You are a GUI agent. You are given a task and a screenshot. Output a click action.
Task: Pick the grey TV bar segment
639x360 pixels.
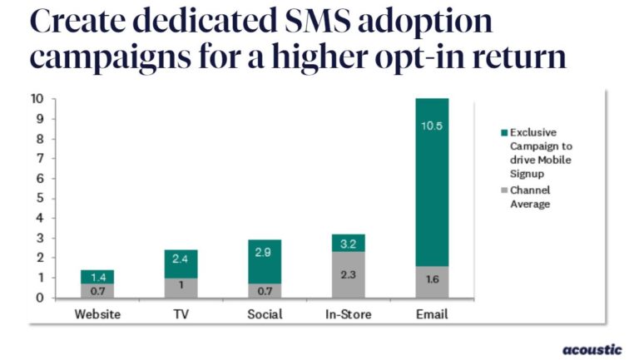click(x=181, y=288)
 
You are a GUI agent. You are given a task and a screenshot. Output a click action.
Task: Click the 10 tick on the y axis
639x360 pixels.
click(x=38, y=98)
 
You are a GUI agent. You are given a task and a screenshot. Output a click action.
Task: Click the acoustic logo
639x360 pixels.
click(x=592, y=349)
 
